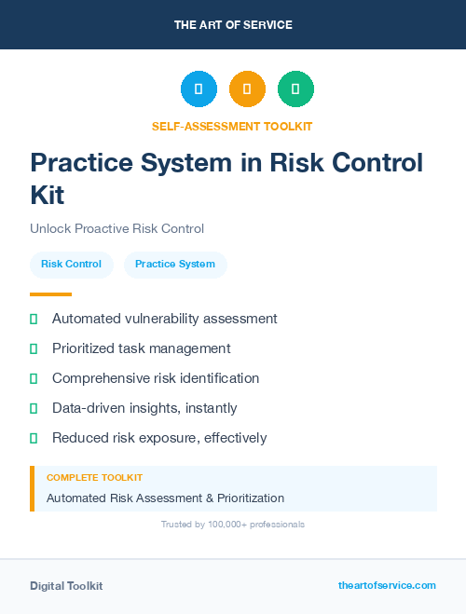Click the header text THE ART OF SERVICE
pyautogui.click(x=233, y=25)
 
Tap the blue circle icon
pyautogui.click(x=199, y=89)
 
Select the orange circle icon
pyautogui.click(x=247, y=89)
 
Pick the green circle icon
pyautogui.click(x=295, y=89)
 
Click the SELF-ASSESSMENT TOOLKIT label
pyautogui.click(x=233, y=126)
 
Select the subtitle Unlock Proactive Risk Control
pyautogui.click(x=116, y=228)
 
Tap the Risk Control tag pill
pyautogui.click(x=72, y=264)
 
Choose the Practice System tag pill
pyautogui.click(x=175, y=264)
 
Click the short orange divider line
pyautogui.click(x=50, y=294)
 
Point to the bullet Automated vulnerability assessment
pyautogui.click(x=164, y=319)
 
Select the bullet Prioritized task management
pyautogui.click(x=141, y=348)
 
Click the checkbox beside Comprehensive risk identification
pyautogui.click(x=34, y=378)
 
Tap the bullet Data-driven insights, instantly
pyautogui.click(x=144, y=408)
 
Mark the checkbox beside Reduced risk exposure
pyautogui.click(x=34, y=438)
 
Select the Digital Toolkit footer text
pyautogui.click(x=66, y=586)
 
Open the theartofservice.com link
pyautogui.click(x=387, y=585)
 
